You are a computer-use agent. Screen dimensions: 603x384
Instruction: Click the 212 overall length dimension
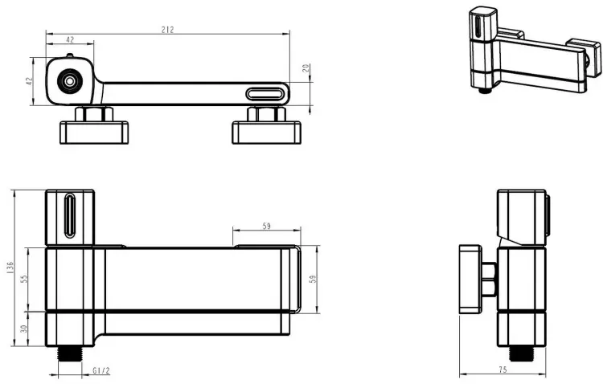tap(168, 30)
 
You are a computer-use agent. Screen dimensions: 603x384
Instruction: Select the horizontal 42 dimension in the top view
tap(70, 39)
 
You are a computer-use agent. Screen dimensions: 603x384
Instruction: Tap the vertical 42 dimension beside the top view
tap(30, 81)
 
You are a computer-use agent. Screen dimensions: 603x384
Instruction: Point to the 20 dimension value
tap(306, 68)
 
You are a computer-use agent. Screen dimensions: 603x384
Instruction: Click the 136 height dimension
tap(10, 268)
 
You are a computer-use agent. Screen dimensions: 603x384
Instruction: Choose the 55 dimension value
tap(24, 279)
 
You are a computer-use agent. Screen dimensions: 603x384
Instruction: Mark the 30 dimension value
tap(24, 329)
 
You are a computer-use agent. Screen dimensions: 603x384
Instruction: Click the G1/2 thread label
tap(101, 370)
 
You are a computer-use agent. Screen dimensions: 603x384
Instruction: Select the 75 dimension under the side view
tap(503, 370)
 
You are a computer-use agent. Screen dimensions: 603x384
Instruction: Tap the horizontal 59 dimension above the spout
tap(266, 226)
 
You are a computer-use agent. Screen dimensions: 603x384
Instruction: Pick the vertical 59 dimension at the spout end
tap(313, 279)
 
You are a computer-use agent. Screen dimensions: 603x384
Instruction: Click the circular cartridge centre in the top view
tap(70, 81)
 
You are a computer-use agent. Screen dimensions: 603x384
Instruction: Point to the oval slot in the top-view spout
tap(265, 94)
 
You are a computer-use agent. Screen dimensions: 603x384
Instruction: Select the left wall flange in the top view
tap(94, 133)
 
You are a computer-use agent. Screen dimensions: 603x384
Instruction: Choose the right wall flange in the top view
tap(266, 133)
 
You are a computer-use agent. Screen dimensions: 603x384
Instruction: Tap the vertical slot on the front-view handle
tap(70, 214)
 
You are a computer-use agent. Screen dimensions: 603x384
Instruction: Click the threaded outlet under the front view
tap(70, 353)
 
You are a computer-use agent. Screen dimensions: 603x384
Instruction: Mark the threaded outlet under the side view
tap(522, 353)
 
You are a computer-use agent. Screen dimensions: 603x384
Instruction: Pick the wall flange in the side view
tap(470, 279)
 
